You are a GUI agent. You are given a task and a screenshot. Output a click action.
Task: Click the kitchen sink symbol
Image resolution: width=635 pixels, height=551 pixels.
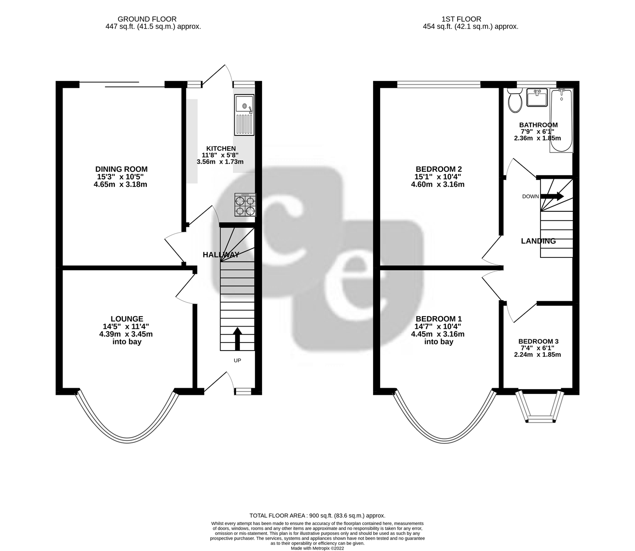(x=244, y=115)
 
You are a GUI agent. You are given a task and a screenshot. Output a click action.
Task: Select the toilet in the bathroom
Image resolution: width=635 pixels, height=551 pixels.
(x=515, y=101)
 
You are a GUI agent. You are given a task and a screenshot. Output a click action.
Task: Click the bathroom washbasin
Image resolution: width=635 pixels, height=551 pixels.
(x=537, y=98)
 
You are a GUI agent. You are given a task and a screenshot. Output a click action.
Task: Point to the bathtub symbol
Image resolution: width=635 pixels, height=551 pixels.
(x=562, y=120)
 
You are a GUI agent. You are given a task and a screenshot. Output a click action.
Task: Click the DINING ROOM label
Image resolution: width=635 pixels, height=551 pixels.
(x=121, y=169)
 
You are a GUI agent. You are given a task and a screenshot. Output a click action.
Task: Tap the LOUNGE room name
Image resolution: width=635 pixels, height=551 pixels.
(x=127, y=319)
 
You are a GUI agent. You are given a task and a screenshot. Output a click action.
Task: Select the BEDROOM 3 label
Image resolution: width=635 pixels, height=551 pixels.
(x=538, y=342)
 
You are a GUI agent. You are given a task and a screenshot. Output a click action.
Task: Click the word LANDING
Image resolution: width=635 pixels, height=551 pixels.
(x=538, y=241)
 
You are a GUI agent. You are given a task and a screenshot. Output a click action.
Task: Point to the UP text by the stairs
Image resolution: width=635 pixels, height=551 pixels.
(x=238, y=360)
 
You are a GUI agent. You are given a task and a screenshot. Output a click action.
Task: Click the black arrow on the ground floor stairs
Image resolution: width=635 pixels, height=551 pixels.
(x=237, y=338)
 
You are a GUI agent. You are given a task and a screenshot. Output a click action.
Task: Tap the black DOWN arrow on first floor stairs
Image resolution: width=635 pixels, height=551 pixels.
(x=553, y=196)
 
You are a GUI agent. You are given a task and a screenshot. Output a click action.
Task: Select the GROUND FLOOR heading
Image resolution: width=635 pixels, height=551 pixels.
(x=147, y=19)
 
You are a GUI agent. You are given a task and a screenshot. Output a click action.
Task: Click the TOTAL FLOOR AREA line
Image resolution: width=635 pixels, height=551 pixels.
(x=317, y=516)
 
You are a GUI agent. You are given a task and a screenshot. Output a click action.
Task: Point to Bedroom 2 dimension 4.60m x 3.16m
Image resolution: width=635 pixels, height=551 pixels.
(x=437, y=184)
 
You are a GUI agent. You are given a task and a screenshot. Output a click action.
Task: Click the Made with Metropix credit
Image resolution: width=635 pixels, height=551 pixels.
(x=317, y=548)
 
